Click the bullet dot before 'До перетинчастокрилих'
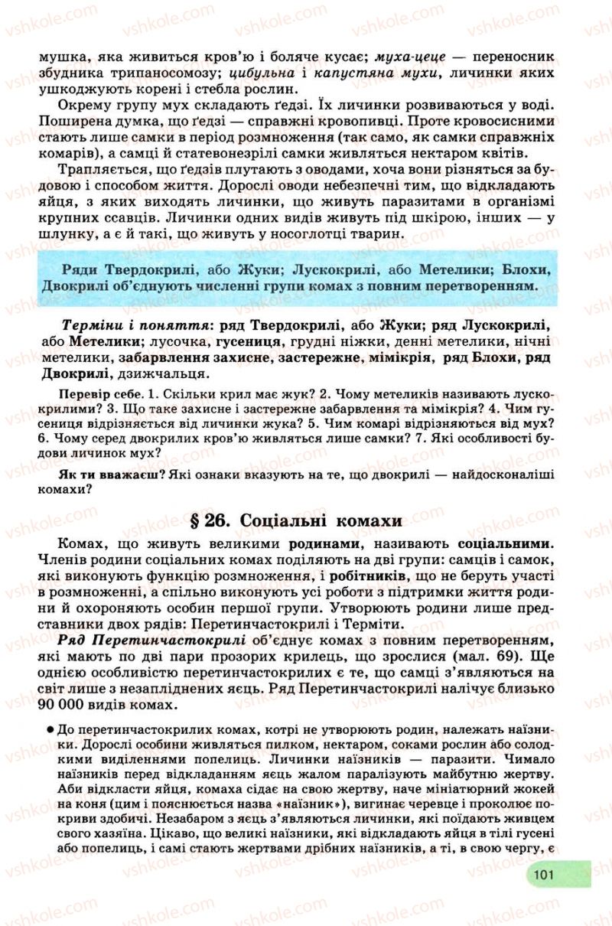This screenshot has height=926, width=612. (49, 729)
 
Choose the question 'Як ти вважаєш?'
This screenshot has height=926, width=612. (109, 474)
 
